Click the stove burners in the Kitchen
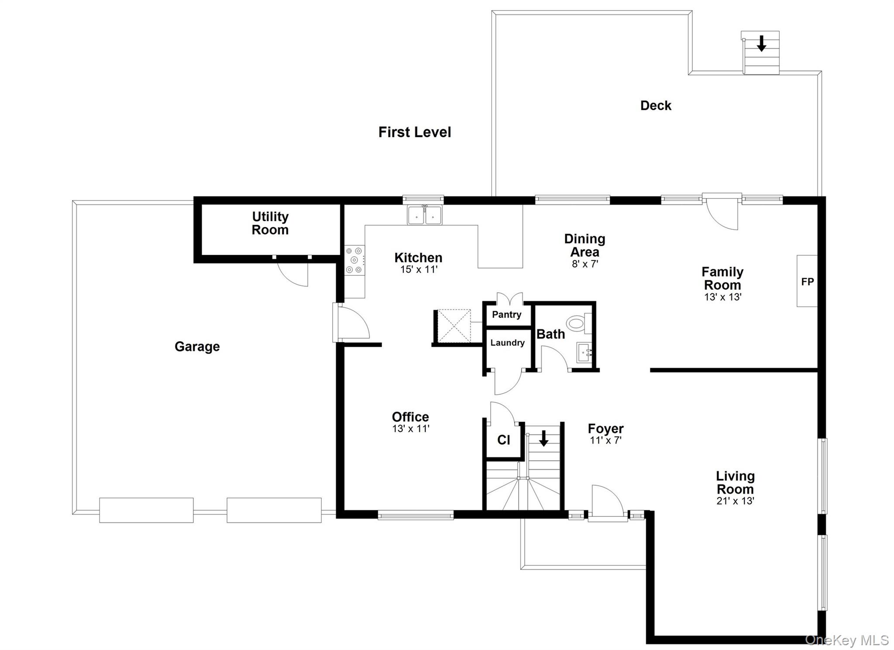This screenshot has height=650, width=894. click(x=354, y=261)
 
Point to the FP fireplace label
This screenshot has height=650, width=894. click(x=807, y=282)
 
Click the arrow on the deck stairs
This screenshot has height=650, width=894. click(x=761, y=43)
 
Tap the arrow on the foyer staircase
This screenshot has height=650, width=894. click(x=543, y=438)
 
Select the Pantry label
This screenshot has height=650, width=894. click(x=506, y=314)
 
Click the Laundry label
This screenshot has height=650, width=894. click(x=507, y=343)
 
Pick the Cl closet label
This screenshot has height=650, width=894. click(x=503, y=440)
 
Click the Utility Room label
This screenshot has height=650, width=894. click(x=270, y=223)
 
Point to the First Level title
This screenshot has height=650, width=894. click(x=414, y=132)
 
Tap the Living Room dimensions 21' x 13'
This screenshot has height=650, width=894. click(x=735, y=501)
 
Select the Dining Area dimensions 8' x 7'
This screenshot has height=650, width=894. click(x=585, y=264)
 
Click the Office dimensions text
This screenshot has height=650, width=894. click(x=410, y=429)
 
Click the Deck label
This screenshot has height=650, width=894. click(x=656, y=105)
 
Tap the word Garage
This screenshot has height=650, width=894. click(x=197, y=346)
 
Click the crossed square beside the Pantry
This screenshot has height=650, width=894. click(x=454, y=326)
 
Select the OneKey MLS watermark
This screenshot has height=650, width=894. click(x=846, y=640)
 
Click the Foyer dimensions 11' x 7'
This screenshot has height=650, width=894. click(x=605, y=440)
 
